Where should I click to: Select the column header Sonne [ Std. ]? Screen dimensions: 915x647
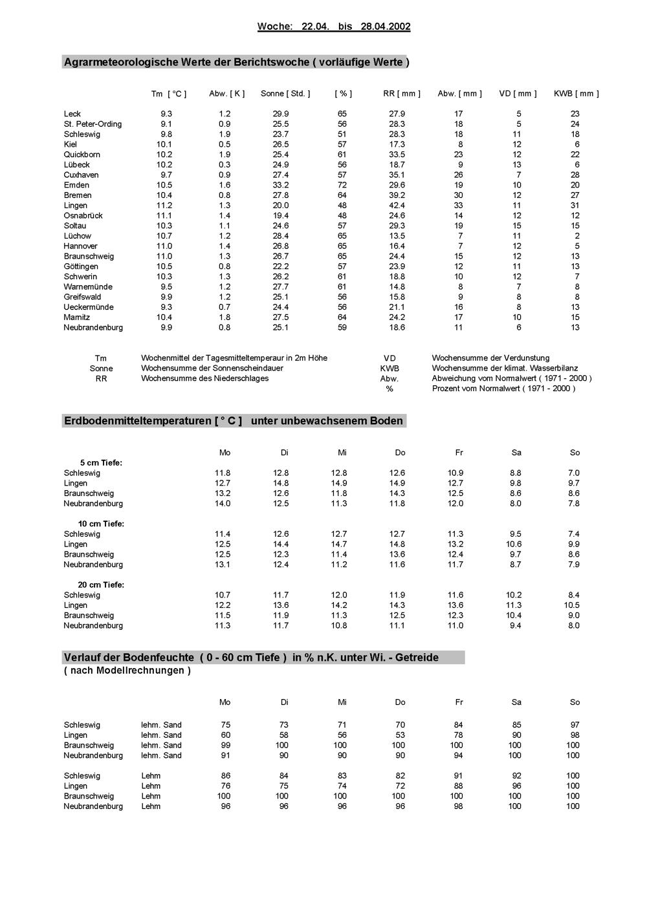point(285,94)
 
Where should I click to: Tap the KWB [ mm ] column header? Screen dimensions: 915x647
point(576,94)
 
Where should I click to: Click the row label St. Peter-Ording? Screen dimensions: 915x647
point(93,124)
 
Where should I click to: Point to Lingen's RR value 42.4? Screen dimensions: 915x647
point(397,206)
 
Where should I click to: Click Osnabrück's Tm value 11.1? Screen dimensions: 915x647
point(164,215)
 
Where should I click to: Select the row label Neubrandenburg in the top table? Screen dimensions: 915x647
point(93,328)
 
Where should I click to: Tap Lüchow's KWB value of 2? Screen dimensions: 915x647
point(575,236)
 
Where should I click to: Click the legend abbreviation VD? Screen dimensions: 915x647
point(389,358)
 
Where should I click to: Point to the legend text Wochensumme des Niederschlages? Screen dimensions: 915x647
point(204,378)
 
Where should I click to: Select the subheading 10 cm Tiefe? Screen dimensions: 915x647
point(101,524)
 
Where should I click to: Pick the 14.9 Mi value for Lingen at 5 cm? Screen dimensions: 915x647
point(339,483)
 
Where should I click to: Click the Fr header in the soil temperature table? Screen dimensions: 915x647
point(458,453)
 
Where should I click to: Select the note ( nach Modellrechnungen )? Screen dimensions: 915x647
point(127,671)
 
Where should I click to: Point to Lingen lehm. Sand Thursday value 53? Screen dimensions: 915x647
point(400,735)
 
